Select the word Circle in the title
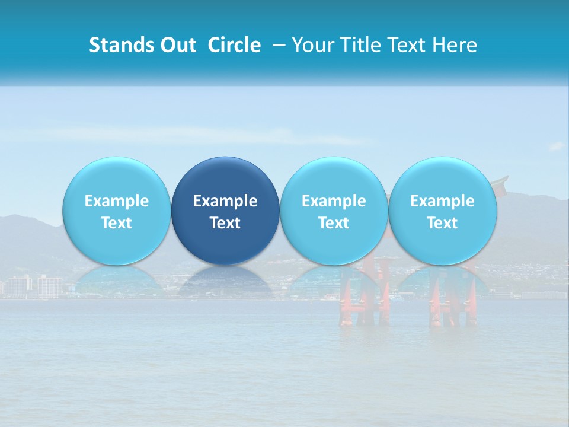[x=234, y=45]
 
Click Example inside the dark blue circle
[x=225, y=201]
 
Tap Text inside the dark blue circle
[x=225, y=223]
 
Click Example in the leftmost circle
[x=116, y=201]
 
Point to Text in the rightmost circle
[x=442, y=223]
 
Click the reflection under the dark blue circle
[x=225, y=282]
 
